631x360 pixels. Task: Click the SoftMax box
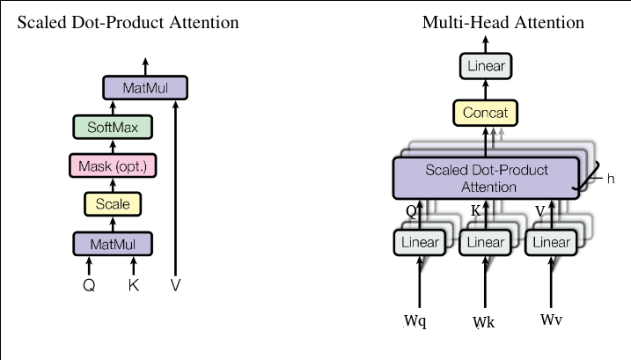pyautogui.click(x=113, y=128)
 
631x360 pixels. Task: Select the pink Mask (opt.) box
pyautogui.click(x=113, y=165)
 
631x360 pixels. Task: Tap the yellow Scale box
pyautogui.click(x=113, y=204)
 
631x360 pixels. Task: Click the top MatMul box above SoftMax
pyautogui.click(x=146, y=88)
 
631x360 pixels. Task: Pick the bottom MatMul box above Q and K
pyautogui.click(x=113, y=242)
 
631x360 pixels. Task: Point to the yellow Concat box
pyautogui.click(x=486, y=112)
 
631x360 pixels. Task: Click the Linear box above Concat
pyautogui.click(x=486, y=65)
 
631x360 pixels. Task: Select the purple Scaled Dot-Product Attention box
pyautogui.click(x=485, y=177)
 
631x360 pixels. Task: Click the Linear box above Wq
pyautogui.click(x=420, y=242)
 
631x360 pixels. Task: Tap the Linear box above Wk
pyautogui.click(x=485, y=242)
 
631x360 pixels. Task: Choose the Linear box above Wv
pyautogui.click(x=550, y=242)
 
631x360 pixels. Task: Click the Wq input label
pyautogui.click(x=415, y=321)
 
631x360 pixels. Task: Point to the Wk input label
pyautogui.click(x=484, y=322)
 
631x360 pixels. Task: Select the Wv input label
pyautogui.click(x=552, y=318)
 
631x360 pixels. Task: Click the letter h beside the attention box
pyautogui.click(x=610, y=179)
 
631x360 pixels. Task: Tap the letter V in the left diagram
pyautogui.click(x=175, y=285)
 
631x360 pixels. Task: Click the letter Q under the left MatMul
pyautogui.click(x=89, y=285)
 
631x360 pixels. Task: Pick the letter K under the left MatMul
pyautogui.click(x=134, y=285)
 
